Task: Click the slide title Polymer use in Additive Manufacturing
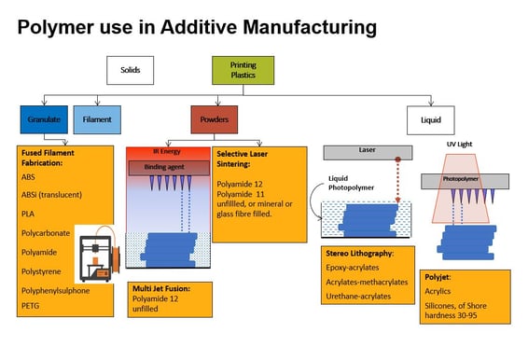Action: tap(196, 27)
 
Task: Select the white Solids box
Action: tap(130, 69)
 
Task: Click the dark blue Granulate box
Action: tap(43, 119)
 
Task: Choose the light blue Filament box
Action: tap(97, 119)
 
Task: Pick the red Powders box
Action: tap(215, 119)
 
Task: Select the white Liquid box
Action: tap(430, 119)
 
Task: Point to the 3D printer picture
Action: tap(97, 256)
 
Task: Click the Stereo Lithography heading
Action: tap(359, 252)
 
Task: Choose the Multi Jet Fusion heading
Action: tap(164, 288)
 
